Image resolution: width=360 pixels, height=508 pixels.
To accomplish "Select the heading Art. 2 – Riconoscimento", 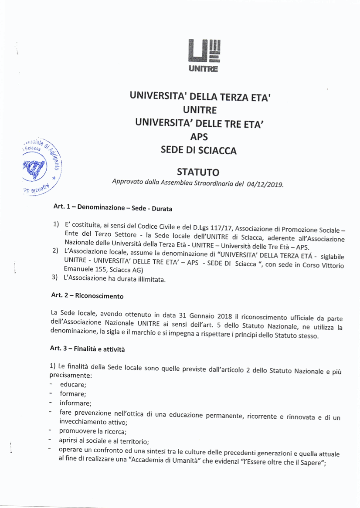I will [x=87, y=296].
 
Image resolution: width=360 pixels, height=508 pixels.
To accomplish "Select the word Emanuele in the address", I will [x=78, y=269].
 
